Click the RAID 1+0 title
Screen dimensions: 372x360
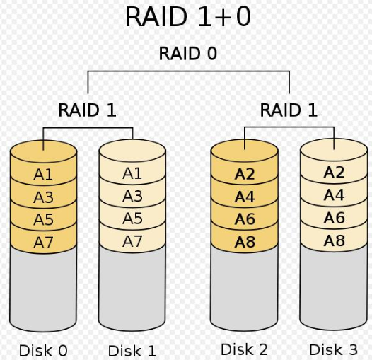(188, 16)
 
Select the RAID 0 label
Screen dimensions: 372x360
(188, 53)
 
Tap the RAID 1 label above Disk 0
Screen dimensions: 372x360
(87, 110)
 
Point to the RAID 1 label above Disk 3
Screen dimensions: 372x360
(289, 110)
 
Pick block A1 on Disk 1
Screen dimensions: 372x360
(132, 173)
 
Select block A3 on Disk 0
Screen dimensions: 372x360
(43, 197)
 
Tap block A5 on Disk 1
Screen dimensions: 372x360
(132, 218)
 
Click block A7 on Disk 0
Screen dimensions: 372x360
(43, 242)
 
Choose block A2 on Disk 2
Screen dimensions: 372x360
(245, 174)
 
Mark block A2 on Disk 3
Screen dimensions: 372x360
(334, 173)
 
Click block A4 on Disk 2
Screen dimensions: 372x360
(245, 197)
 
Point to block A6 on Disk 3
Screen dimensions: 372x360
(334, 218)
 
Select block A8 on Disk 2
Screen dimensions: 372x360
(245, 242)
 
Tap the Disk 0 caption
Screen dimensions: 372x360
(43, 351)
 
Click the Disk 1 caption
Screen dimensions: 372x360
(132, 351)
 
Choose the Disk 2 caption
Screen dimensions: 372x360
(244, 349)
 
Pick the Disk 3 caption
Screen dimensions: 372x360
(333, 349)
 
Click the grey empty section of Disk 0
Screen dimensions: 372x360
(43, 289)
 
